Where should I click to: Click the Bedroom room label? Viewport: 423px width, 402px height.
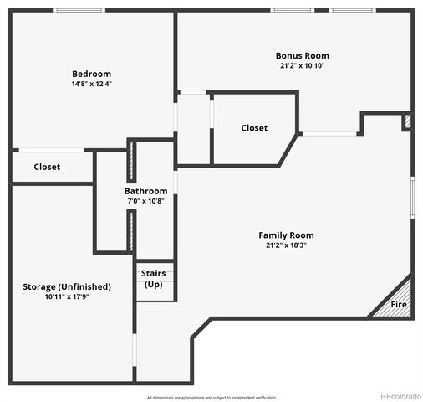pyautogui.click(x=91, y=74)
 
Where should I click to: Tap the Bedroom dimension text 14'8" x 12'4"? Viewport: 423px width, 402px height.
pyautogui.click(x=91, y=84)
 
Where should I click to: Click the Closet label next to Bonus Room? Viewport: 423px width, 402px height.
pyautogui.click(x=254, y=128)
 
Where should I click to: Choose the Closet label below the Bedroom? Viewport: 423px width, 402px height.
pyautogui.click(x=47, y=167)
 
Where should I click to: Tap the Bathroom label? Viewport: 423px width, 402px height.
pyautogui.click(x=146, y=191)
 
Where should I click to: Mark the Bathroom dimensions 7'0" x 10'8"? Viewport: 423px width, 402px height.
pyautogui.click(x=146, y=201)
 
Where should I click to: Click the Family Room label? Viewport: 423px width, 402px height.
pyautogui.click(x=286, y=235)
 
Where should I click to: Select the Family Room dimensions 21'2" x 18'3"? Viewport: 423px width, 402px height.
pyautogui.click(x=286, y=245)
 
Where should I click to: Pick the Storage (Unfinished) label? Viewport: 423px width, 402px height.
pyautogui.click(x=66, y=286)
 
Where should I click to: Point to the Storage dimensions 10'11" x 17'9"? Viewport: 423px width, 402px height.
pyautogui.click(x=66, y=296)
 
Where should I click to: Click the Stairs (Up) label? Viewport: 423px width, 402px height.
pyautogui.click(x=154, y=278)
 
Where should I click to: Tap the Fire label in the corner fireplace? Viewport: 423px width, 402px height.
pyautogui.click(x=399, y=304)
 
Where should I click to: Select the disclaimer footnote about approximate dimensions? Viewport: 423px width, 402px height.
pyautogui.click(x=211, y=398)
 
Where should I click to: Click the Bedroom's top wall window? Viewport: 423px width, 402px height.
pyautogui.click(x=79, y=10)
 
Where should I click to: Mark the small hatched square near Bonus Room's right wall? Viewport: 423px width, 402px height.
pyautogui.click(x=407, y=122)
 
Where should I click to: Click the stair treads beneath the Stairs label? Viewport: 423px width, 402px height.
pyautogui.click(x=155, y=295)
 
